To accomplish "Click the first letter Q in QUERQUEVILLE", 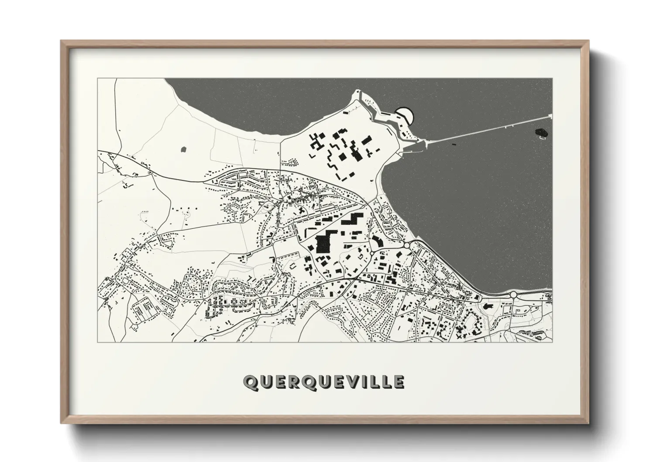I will tap(251, 382).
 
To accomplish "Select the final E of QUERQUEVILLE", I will tap(398, 382).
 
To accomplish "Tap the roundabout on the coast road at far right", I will tap(513, 295).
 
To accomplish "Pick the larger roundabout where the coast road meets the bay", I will tap(406, 246).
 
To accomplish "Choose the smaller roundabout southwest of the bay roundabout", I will tap(372, 253).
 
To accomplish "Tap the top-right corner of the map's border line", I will tap(552, 79).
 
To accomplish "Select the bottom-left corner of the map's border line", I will tap(98, 342).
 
